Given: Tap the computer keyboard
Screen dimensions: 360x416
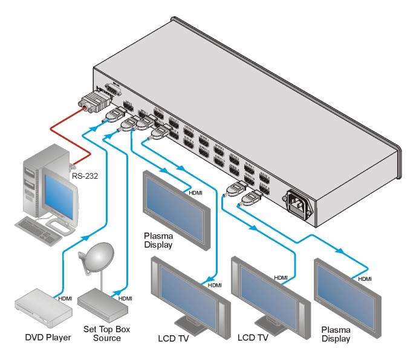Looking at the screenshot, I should (x=42, y=228).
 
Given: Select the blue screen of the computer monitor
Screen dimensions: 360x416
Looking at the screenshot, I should (x=60, y=196).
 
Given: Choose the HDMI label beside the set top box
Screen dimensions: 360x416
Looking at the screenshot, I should (x=126, y=298).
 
